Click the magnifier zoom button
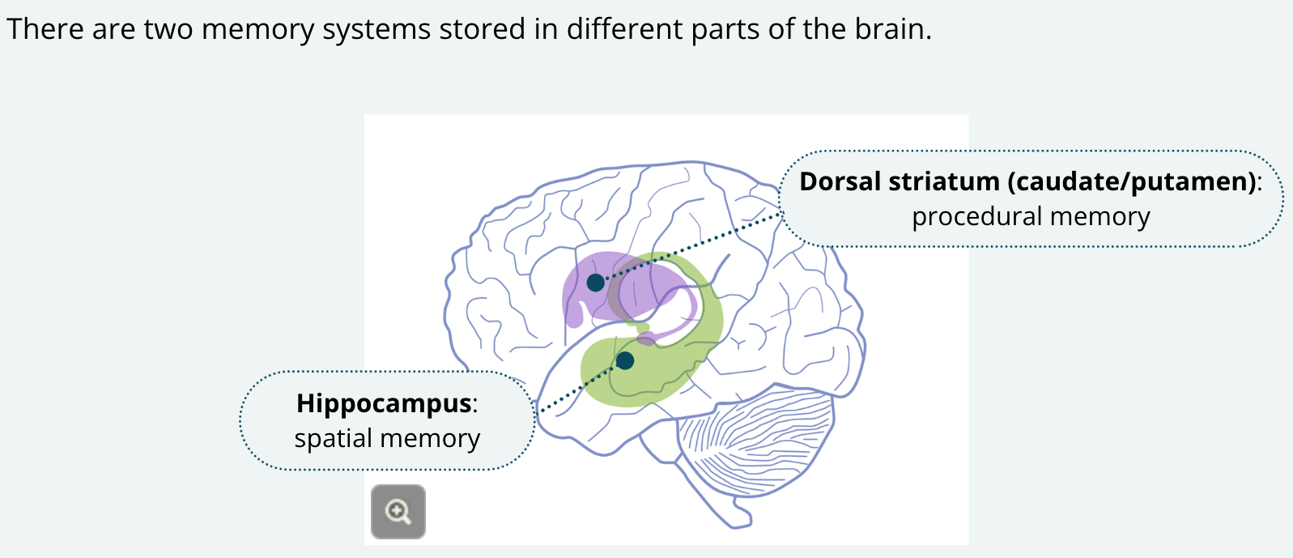pyautogui.click(x=398, y=512)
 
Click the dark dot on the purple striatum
pyautogui.click(x=595, y=283)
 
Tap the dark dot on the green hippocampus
pyautogui.click(x=625, y=360)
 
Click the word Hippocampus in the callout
pyautogui.click(x=384, y=403)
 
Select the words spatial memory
pyautogui.click(x=387, y=438)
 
